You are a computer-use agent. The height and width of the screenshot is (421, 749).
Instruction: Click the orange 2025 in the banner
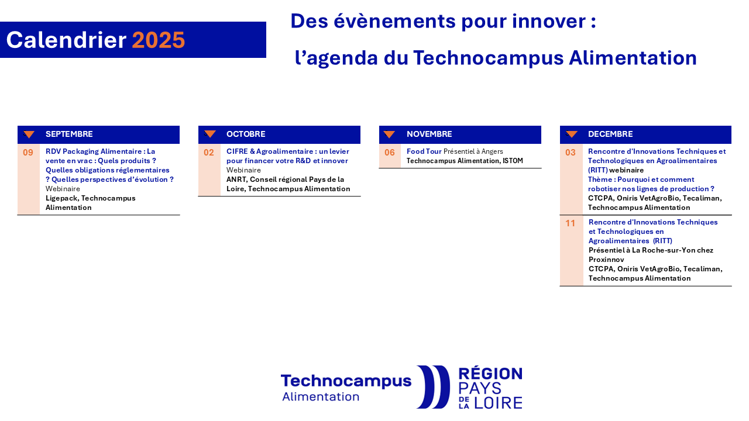[159, 40]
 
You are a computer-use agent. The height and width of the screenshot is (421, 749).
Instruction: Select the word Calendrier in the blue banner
[66, 40]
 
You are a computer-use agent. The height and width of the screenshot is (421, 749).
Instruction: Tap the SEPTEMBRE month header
[69, 134]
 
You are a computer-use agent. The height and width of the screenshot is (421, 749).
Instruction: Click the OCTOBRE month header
[246, 134]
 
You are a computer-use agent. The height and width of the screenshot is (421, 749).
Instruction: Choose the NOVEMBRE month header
[430, 134]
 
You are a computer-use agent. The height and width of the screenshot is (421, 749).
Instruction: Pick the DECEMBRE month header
[610, 134]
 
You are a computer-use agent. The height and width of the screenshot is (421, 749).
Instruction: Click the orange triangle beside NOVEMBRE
[389, 134]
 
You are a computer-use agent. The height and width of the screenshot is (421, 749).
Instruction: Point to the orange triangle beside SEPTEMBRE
[29, 134]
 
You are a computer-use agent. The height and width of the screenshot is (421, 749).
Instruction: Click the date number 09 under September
[28, 153]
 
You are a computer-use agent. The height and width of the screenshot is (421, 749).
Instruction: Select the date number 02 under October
[209, 153]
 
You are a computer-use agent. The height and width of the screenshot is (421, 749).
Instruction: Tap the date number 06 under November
[390, 153]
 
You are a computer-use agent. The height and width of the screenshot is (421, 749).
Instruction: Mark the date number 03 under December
[571, 153]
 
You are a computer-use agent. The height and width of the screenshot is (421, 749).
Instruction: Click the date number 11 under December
[570, 223]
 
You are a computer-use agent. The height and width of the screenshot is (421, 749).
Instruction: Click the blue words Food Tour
[424, 151]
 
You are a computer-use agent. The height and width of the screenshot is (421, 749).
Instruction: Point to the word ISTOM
[513, 161]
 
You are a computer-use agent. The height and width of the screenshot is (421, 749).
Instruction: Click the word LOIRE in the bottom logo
[498, 403]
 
